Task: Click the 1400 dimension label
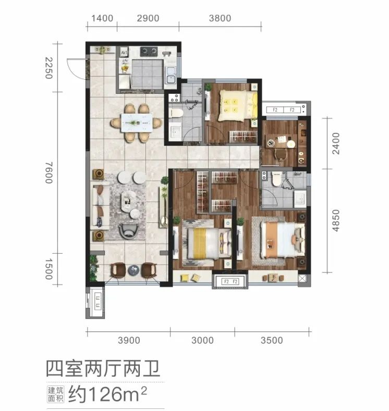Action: [102, 18]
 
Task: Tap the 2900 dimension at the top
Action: [148, 18]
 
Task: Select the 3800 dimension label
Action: [220, 18]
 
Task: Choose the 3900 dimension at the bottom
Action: [129, 340]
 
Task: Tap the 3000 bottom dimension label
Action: [202, 340]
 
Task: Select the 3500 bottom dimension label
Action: [272, 340]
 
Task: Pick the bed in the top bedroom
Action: [237, 105]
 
